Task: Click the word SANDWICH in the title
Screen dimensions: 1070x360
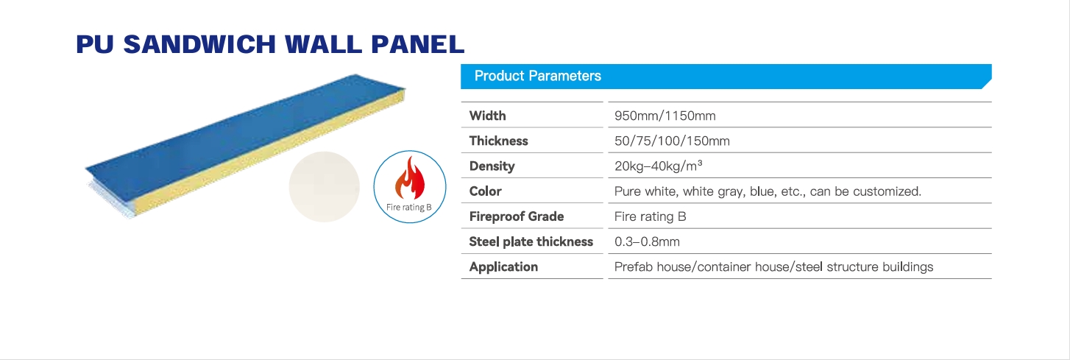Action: click(x=199, y=44)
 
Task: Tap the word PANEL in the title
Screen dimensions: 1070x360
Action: click(x=417, y=44)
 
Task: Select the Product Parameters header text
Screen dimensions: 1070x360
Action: click(x=537, y=76)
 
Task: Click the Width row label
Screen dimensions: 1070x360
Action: click(x=487, y=116)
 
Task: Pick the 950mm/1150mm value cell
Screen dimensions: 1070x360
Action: click(x=665, y=116)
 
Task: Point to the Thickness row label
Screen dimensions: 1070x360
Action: click(x=498, y=141)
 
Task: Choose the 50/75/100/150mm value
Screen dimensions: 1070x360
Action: click(x=672, y=141)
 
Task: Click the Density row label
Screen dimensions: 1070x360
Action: click(x=492, y=166)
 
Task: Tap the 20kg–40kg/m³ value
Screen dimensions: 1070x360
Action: click(x=658, y=166)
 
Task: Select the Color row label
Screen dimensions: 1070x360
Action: click(x=485, y=191)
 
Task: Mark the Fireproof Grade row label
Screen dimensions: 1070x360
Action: click(x=517, y=216)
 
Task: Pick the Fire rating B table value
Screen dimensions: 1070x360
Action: click(x=650, y=216)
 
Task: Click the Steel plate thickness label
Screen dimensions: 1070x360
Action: click(x=531, y=242)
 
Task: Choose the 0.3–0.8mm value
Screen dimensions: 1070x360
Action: click(x=647, y=242)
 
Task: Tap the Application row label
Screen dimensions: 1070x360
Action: click(x=503, y=267)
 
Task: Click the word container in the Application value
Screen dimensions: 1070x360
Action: click(x=724, y=267)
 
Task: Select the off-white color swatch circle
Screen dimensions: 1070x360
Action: click(x=324, y=187)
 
